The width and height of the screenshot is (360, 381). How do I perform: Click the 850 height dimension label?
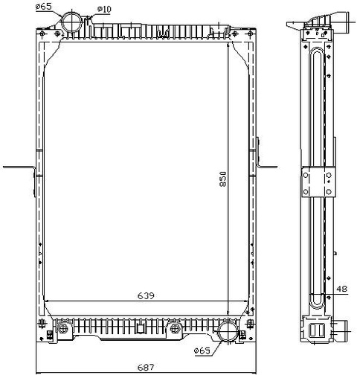222,179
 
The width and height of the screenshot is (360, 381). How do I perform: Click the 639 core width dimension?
146,295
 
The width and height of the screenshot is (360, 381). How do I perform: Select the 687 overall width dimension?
146,367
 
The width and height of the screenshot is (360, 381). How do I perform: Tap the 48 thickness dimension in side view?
342,289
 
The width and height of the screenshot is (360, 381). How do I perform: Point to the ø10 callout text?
104,10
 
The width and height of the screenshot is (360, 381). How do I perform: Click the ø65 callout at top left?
44,7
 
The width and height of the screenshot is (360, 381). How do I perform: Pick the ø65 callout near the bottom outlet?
202,350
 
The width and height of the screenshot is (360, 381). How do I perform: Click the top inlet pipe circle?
71,22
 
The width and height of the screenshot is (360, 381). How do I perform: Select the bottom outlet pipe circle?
228,331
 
